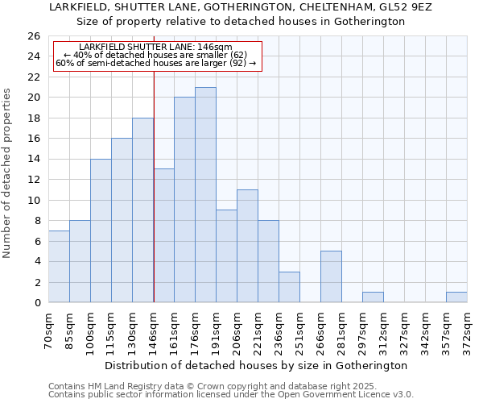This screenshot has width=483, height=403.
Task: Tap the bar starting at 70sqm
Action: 59,267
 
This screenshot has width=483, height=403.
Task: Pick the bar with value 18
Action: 142,210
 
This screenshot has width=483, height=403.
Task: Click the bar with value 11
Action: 247,246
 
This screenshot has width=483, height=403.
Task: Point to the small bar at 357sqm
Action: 456,297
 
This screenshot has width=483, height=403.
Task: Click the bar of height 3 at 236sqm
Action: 289,287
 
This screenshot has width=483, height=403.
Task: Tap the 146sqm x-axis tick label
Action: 153,333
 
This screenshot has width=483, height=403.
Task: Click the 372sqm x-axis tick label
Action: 467,333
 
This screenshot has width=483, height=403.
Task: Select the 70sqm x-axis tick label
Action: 48,331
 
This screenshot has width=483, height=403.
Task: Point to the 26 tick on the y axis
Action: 33,36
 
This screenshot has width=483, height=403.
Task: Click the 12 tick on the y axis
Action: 33,180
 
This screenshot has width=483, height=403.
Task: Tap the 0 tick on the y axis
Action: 36,303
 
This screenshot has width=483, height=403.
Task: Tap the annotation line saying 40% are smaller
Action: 155,55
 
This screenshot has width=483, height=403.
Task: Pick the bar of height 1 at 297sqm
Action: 373,297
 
